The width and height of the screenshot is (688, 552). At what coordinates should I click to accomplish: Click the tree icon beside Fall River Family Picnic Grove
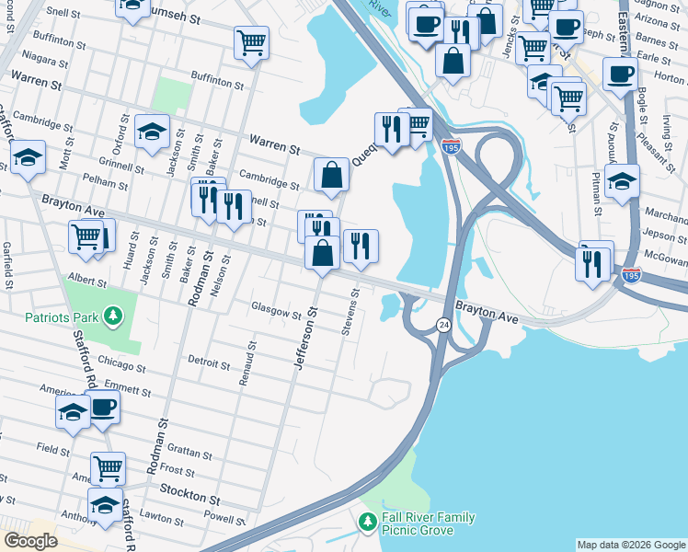point(368,523)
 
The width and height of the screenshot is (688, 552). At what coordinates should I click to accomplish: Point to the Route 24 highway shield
point(443,325)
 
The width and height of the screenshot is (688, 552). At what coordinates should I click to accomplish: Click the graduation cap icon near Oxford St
point(152,131)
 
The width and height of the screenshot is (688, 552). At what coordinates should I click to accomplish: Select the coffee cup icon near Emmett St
point(103,406)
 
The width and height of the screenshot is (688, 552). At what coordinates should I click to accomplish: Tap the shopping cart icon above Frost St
point(108,467)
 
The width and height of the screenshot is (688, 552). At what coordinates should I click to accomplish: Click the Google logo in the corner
point(30,541)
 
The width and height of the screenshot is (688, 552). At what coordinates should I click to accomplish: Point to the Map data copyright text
point(630,545)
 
